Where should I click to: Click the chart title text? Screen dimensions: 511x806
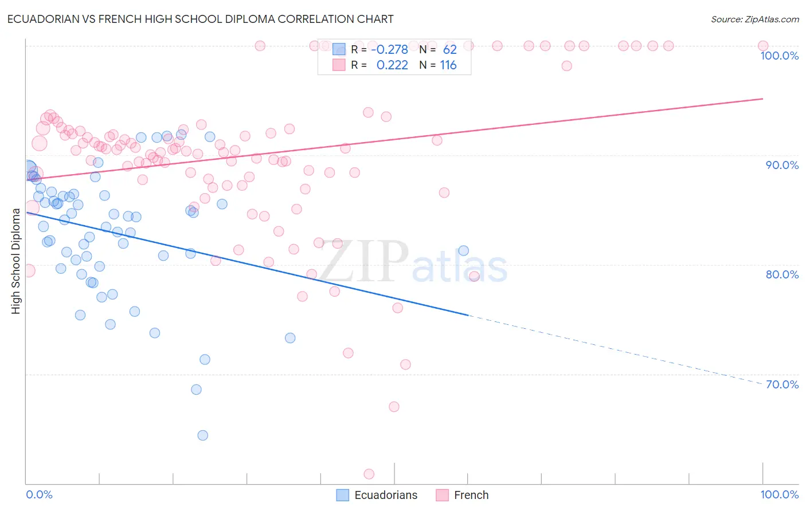pos(200,19)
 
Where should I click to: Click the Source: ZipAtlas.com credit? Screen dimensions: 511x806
pos(754,19)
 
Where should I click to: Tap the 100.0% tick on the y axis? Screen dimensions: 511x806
pos(779,56)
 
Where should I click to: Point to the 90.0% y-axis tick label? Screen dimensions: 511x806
pos(782,165)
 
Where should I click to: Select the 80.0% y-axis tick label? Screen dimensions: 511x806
pos(782,274)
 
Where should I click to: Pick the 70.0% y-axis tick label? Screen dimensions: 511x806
pos(782,384)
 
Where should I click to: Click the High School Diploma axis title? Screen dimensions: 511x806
pos(16,261)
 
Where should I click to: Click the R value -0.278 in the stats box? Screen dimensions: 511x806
pos(389,50)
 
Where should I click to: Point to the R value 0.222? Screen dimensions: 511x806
pos(392,65)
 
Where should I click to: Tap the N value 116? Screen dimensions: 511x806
pos(448,65)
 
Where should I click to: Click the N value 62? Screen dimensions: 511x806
pos(449,50)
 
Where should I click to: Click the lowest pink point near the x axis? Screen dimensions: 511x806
pos(369,474)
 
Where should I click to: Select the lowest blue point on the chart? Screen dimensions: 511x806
pos(203,435)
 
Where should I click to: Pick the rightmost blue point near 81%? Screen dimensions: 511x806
pos(464,250)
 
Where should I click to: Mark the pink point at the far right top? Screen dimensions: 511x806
pos(763,46)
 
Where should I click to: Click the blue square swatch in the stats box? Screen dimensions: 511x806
pos(339,50)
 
